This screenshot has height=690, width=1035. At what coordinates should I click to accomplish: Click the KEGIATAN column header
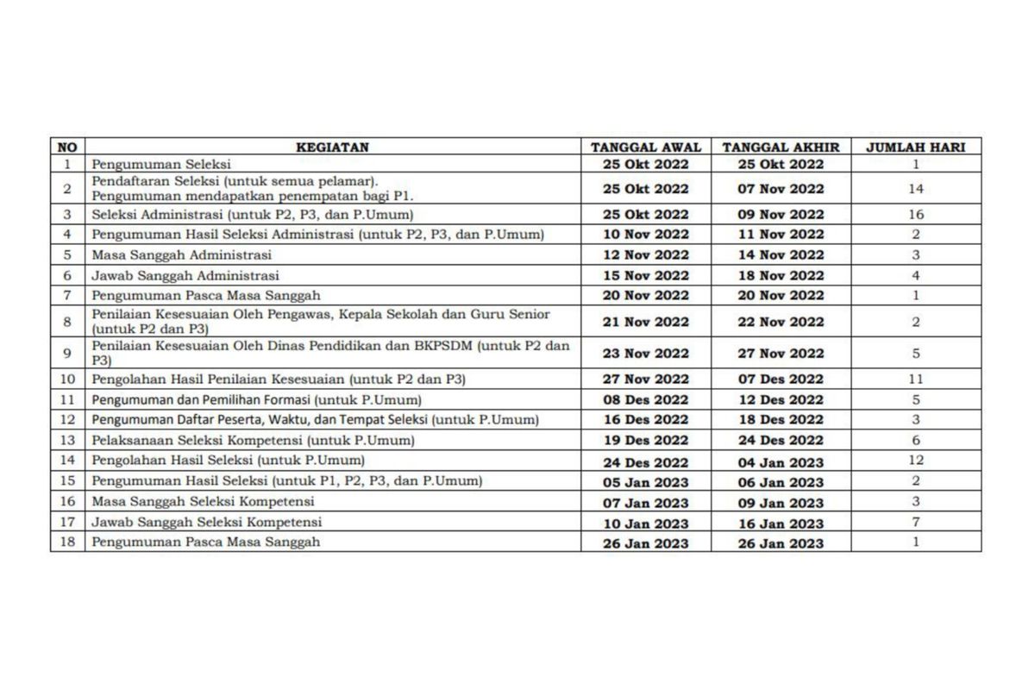332,147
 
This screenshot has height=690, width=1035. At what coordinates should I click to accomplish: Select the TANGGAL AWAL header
645,147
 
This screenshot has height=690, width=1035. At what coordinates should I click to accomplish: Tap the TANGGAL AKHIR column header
781,147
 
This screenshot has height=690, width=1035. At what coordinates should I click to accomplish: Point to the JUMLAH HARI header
915,147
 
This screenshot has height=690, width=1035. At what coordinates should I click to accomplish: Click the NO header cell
66,147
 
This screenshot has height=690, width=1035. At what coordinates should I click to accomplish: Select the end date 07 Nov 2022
781,189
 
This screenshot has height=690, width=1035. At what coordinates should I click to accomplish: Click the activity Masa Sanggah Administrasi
182,254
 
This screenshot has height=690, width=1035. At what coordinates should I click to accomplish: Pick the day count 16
915,214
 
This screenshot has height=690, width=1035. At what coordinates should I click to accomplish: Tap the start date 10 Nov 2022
645,235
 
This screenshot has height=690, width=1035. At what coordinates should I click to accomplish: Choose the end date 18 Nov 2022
781,276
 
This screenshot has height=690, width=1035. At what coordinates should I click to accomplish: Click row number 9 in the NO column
66,353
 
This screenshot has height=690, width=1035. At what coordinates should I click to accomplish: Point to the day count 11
915,379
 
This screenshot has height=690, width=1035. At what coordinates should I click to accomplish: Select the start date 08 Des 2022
645,399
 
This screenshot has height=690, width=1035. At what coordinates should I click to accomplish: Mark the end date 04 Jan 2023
781,462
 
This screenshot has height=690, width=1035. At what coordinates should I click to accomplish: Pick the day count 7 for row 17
915,523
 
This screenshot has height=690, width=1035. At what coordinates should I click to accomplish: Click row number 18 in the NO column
66,543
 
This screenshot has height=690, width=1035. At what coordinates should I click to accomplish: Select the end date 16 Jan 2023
781,524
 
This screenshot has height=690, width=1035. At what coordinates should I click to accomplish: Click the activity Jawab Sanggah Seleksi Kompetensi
207,522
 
